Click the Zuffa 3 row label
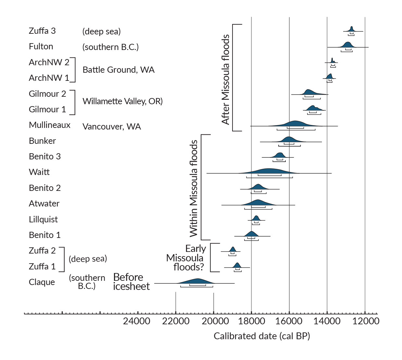pyautogui.click(x=42, y=31)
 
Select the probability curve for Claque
pyautogui.click(x=197, y=281)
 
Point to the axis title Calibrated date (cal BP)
pyautogui.click(x=262, y=336)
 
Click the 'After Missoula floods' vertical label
pyautogui.click(x=226, y=80)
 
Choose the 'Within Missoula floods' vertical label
pyautogui.click(x=194, y=188)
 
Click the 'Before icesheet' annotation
pyautogui.click(x=131, y=282)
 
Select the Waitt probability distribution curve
pyautogui.click(x=269, y=171)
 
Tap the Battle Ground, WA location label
pyautogui.click(x=119, y=70)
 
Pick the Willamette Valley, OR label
pyautogui.click(x=122, y=101)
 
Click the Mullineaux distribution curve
pyautogui.click(x=295, y=124)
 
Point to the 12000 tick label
pyautogui.click(x=366, y=321)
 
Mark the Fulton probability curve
pyautogui.click(x=347, y=45)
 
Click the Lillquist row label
pyautogui.click(x=43, y=219)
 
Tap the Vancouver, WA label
pyautogui.click(x=112, y=127)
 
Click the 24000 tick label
pyautogui.click(x=136, y=321)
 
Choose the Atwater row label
pyautogui.click(x=44, y=204)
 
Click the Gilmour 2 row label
pyautogui.click(x=47, y=94)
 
